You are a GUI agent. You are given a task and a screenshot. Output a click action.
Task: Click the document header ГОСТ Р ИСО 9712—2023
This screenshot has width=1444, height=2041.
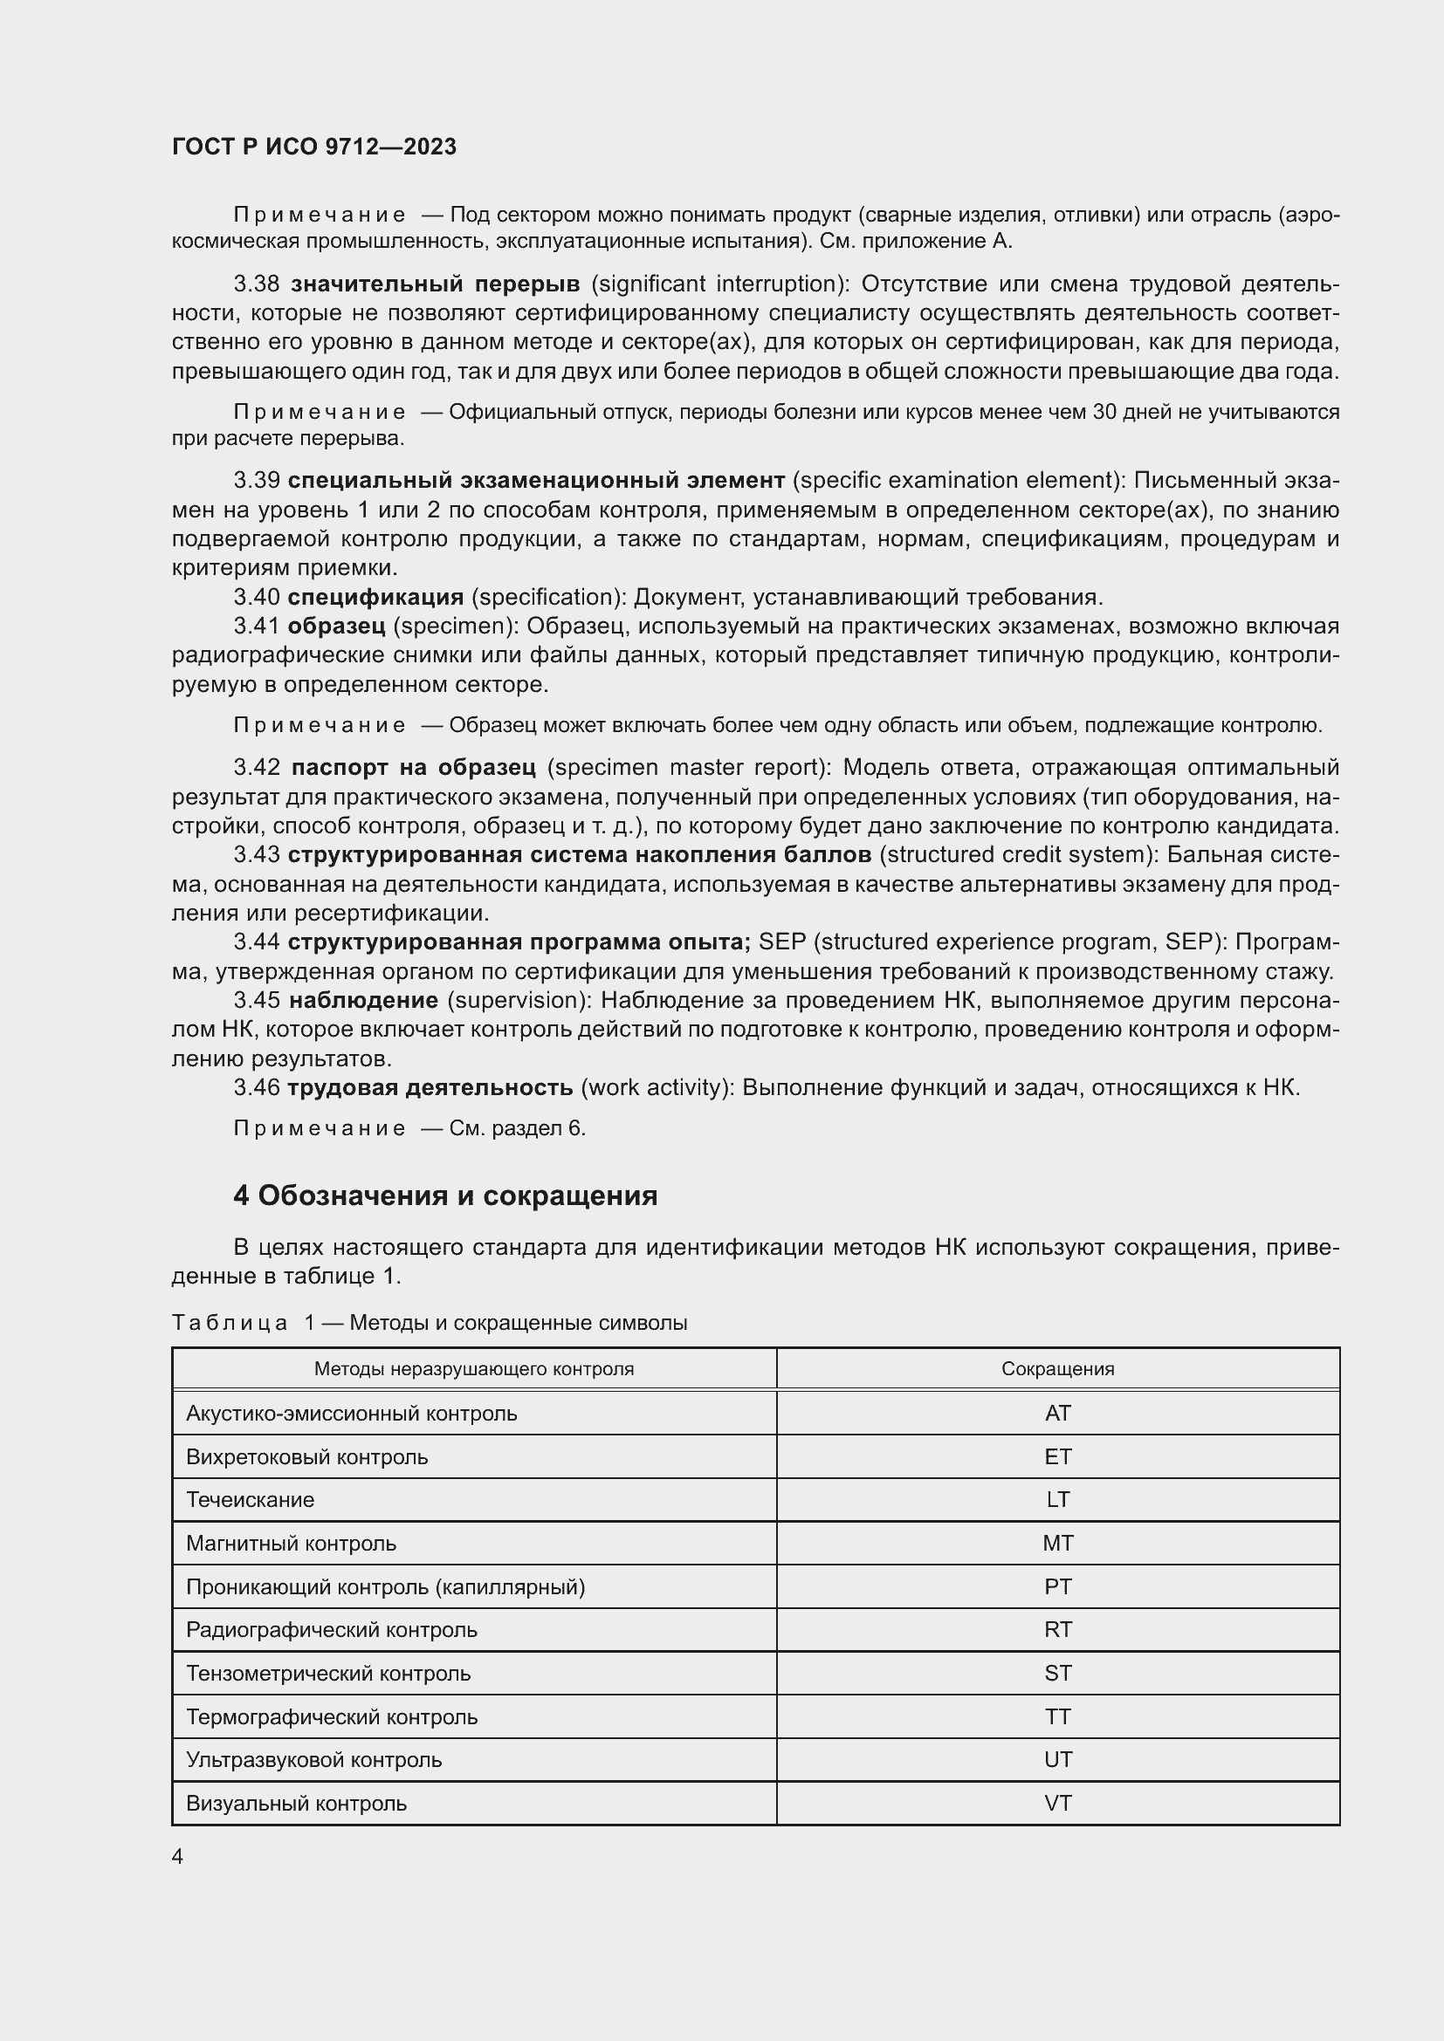pyautogui.click(x=314, y=147)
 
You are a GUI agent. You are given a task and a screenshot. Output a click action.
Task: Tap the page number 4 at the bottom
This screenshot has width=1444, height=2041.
pyautogui.click(x=177, y=1856)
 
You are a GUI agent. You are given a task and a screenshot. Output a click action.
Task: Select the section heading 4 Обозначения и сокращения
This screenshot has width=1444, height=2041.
pyautogui.click(x=444, y=1195)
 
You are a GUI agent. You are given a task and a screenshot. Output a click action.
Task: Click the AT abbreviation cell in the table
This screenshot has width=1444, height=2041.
pyautogui.click(x=1057, y=1413)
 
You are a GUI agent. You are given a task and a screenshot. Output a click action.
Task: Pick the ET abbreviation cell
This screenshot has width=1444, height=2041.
pyautogui.click(x=1057, y=1456)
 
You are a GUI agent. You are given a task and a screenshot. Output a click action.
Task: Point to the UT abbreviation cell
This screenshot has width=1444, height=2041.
pyautogui.click(x=1057, y=1759)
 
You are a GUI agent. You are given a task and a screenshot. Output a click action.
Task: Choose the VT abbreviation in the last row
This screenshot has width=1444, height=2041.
pyautogui.click(x=1057, y=1803)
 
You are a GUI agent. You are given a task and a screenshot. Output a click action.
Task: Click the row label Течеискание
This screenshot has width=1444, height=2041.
pyautogui.click(x=250, y=1500)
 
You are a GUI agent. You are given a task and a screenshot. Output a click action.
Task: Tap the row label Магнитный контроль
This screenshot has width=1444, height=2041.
pyautogui.click(x=291, y=1544)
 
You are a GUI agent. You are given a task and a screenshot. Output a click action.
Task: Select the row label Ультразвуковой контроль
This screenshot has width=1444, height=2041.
pyautogui.click(x=313, y=1759)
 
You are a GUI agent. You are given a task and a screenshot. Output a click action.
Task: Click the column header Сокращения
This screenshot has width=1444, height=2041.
pyautogui.click(x=1057, y=1369)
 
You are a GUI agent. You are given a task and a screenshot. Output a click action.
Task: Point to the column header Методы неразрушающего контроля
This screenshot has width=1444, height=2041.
pyautogui.click(x=474, y=1369)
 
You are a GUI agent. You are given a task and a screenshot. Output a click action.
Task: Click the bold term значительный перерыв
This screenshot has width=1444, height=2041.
pyautogui.click(x=435, y=284)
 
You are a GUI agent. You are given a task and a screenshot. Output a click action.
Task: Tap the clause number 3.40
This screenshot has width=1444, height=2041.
pyautogui.click(x=256, y=597)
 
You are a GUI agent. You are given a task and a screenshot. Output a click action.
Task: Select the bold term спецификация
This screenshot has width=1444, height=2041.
pyautogui.click(x=375, y=597)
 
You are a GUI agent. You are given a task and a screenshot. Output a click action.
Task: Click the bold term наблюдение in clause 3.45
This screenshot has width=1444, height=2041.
pyautogui.click(x=364, y=1000)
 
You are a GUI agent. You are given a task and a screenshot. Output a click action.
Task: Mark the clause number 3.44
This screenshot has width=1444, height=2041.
pyautogui.click(x=256, y=942)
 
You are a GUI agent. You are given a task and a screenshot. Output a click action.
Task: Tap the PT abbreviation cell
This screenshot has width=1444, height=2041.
pyautogui.click(x=1057, y=1586)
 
